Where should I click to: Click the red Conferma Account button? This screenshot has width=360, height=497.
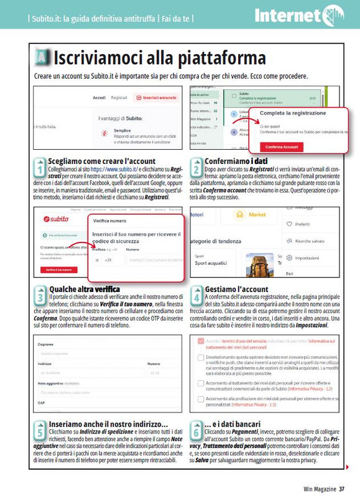point(282,147)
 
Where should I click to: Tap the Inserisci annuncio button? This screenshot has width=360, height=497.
point(155,98)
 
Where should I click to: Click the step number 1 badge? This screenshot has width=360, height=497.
point(40,168)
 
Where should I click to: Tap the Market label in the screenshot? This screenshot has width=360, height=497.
point(257,215)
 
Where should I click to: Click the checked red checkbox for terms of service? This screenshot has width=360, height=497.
point(200,341)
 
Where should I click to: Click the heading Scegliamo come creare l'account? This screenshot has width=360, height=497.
point(95,161)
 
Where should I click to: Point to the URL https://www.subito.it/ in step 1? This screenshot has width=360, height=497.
point(114,168)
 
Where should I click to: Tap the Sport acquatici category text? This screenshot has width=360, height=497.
point(211,263)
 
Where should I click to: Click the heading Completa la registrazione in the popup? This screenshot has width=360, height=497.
point(292,113)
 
